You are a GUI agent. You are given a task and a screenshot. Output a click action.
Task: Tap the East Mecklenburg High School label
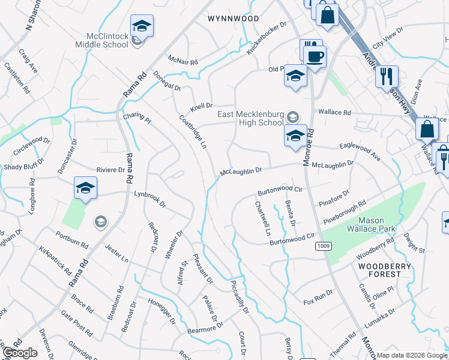coord(250,118)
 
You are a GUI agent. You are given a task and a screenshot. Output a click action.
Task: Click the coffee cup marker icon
coord(316,58)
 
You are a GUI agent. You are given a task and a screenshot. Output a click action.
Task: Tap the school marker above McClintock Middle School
coord(142,26)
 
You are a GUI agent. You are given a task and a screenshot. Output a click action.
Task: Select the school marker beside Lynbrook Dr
coord(85,188)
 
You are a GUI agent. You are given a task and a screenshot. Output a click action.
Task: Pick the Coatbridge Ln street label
coord(193,132)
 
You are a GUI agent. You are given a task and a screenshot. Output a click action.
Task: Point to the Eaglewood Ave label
coord(360,151)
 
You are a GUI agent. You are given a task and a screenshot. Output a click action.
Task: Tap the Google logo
coord(20,353)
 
